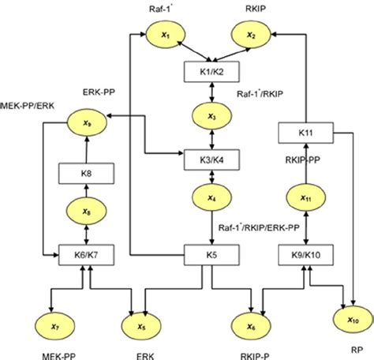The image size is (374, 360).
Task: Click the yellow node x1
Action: point(164,35)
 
